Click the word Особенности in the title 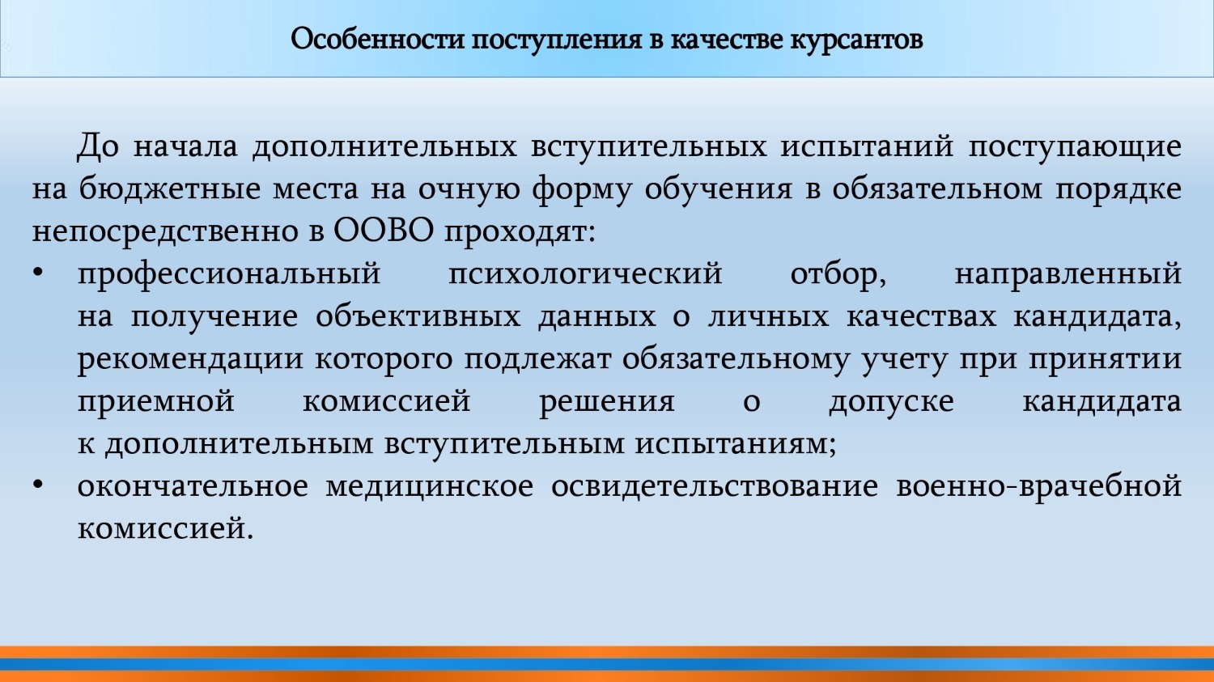point(377,39)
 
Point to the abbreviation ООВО point(383,231)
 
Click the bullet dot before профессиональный point(37,273)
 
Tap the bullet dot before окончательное point(37,485)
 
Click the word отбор point(838,274)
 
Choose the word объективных point(418,316)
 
